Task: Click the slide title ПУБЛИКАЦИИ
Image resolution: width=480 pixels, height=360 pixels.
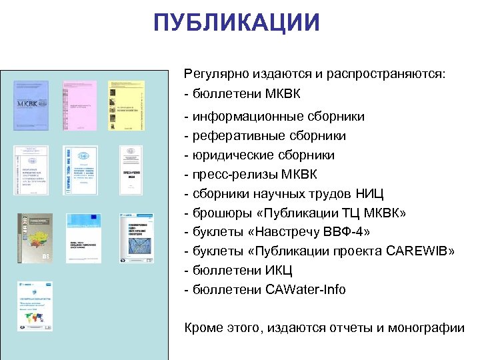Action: [x=237, y=22]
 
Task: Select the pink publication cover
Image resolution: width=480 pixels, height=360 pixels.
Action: [x=79, y=105]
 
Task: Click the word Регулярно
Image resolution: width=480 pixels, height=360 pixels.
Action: [x=215, y=73]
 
